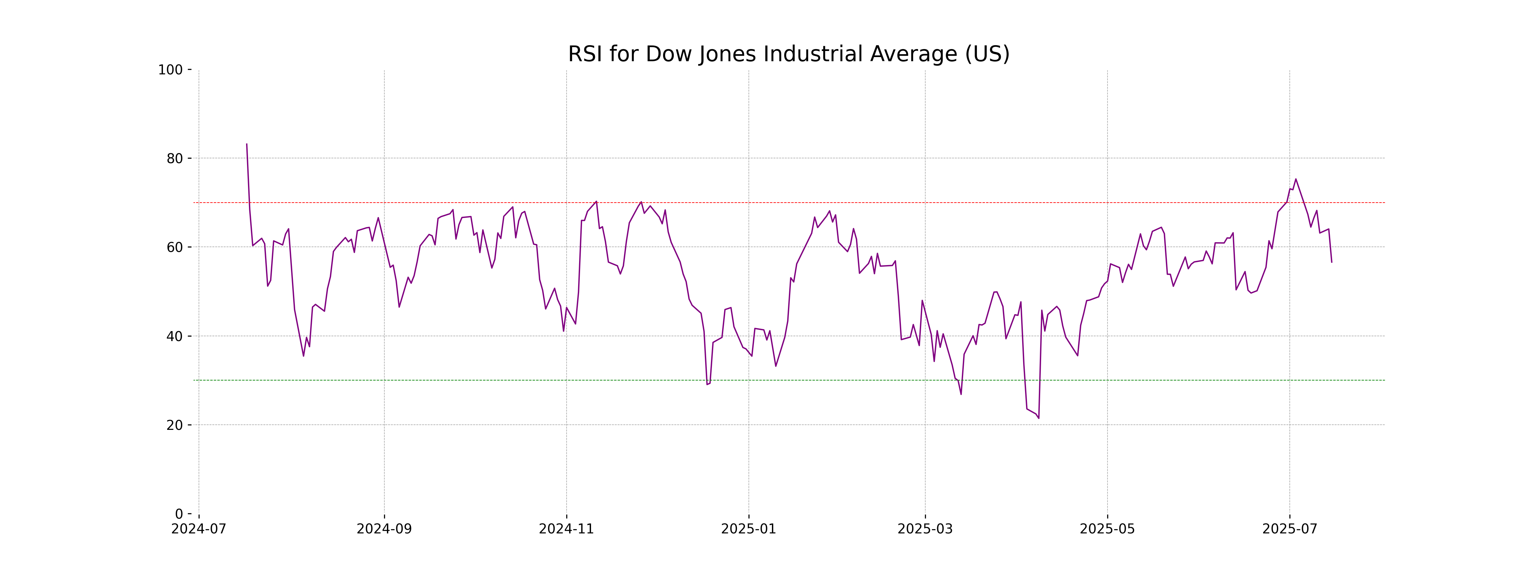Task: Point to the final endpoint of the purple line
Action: click(1331, 262)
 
